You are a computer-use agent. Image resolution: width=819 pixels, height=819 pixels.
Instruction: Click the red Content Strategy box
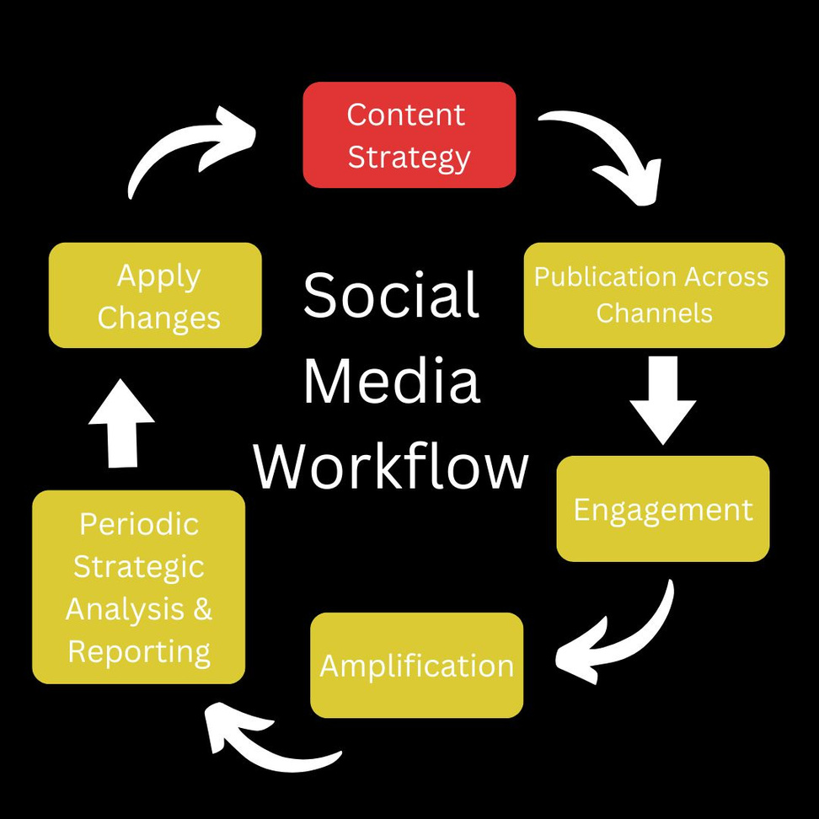(409, 135)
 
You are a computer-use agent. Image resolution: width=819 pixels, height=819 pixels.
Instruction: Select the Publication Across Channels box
(654, 295)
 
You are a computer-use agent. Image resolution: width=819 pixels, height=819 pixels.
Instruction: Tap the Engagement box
(663, 509)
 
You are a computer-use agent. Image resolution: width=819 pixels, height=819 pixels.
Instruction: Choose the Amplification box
(416, 666)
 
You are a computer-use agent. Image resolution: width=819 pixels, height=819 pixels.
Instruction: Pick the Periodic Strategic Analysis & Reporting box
(139, 587)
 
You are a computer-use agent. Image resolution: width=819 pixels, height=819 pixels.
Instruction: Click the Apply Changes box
(155, 295)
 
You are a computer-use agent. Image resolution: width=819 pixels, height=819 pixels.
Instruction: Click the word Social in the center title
(392, 296)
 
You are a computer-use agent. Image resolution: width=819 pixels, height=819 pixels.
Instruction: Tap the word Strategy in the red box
(409, 158)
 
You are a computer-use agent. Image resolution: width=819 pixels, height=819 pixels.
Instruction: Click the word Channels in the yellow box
(654, 313)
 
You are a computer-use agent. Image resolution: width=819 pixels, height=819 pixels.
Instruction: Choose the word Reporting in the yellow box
(139, 651)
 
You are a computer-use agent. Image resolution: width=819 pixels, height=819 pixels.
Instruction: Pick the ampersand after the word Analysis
(202, 608)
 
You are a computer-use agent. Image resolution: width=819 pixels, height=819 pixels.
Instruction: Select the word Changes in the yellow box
(158, 318)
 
